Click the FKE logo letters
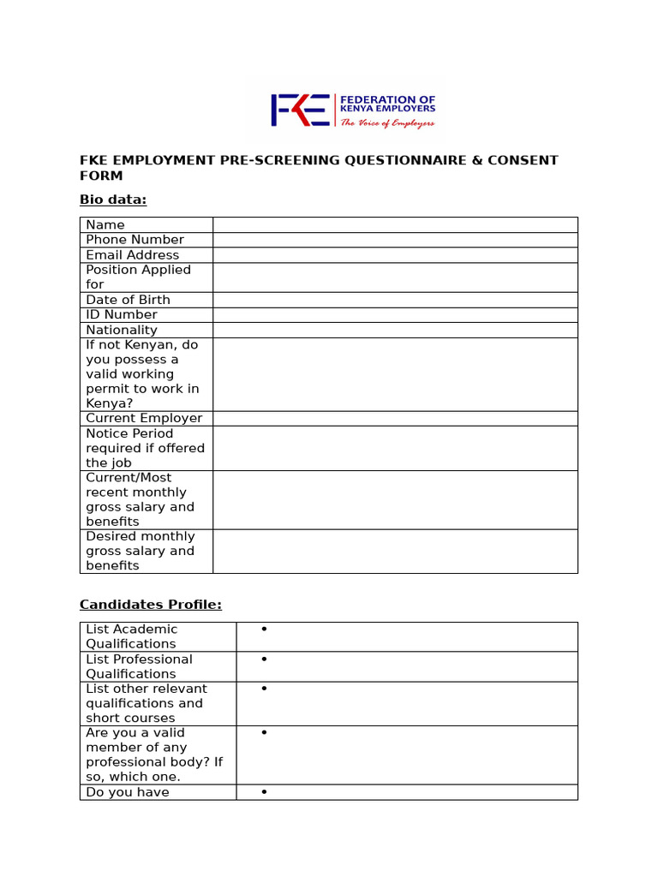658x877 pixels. click(x=299, y=110)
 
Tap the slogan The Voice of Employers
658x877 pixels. click(x=388, y=123)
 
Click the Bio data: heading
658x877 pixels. click(x=113, y=200)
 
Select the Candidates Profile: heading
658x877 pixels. click(x=151, y=605)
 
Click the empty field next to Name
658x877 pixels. click(x=395, y=224)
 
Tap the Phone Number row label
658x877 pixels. click(x=135, y=240)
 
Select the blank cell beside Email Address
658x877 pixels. click(x=395, y=255)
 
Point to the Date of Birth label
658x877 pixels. click(x=128, y=300)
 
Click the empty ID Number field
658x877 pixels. click(x=395, y=314)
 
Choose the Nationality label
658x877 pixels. click(x=122, y=330)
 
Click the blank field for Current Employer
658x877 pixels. click(x=395, y=418)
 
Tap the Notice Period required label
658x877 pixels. click(x=145, y=448)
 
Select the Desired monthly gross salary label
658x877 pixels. click(x=141, y=551)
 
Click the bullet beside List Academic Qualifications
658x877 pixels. click(x=265, y=629)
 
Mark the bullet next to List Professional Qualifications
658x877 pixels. click(x=265, y=659)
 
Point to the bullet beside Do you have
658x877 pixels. click(x=265, y=792)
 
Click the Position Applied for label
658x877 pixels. click(x=138, y=277)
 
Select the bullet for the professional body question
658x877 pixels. click(x=265, y=733)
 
